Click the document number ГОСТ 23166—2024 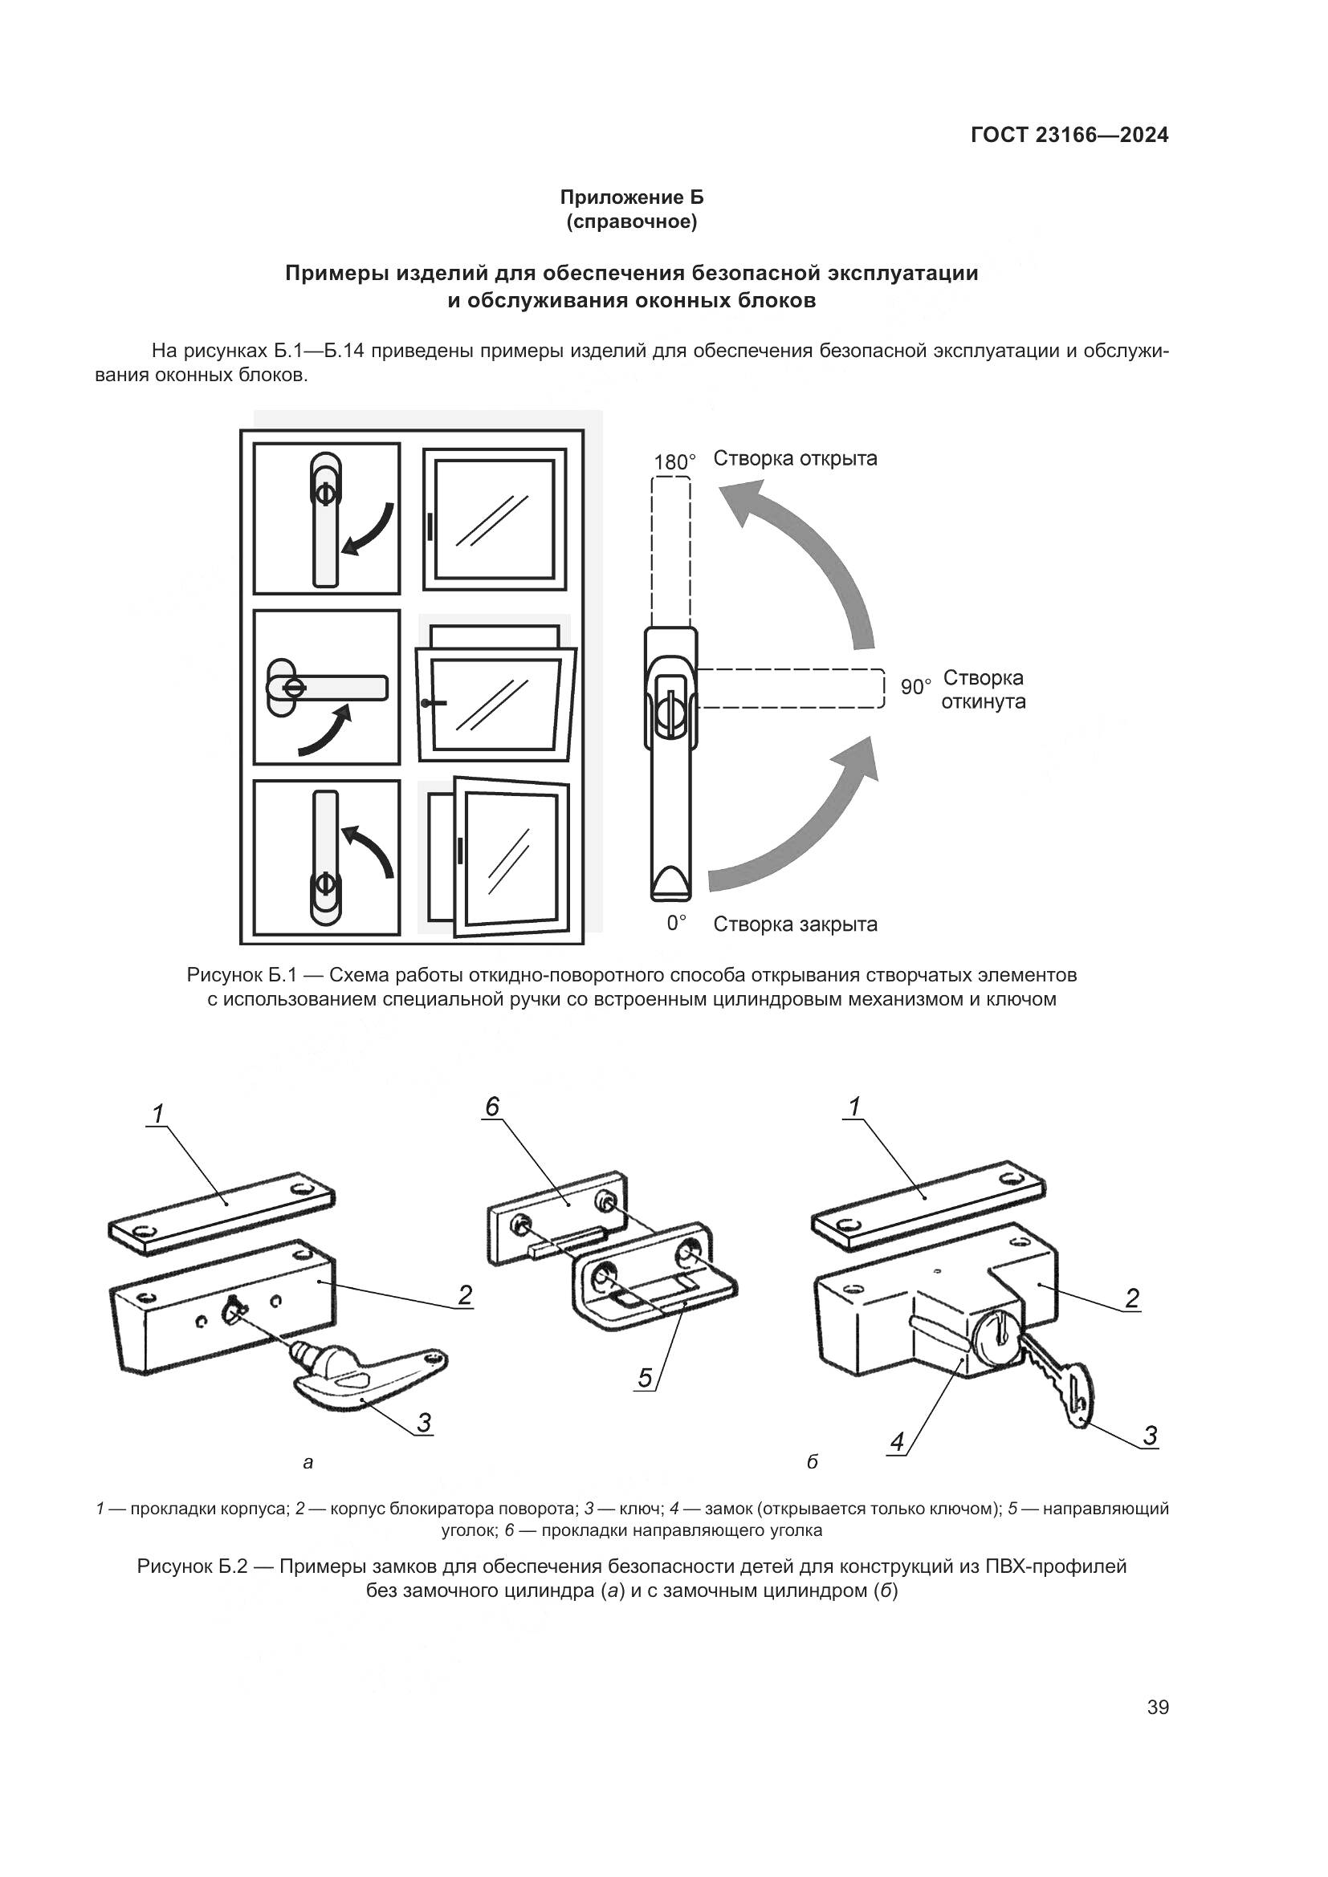pyautogui.click(x=1069, y=135)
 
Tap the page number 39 pyautogui.click(x=1157, y=1707)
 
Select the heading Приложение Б pyautogui.click(x=631, y=197)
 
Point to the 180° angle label pyautogui.click(x=674, y=462)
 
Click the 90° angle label pyautogui.click(x=916, y=687)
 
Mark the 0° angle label pyautogui.click(x=676, y=923)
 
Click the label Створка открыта pyautogui.click(x=795, y=459)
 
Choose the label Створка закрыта pyautogui.click(x=795, y=924)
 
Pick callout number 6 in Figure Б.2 pyautogui.click(x=491, y=1107)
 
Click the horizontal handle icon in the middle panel pyautogui.click(x=327, y=688)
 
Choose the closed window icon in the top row pyautogui.click(x=495, y=519)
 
